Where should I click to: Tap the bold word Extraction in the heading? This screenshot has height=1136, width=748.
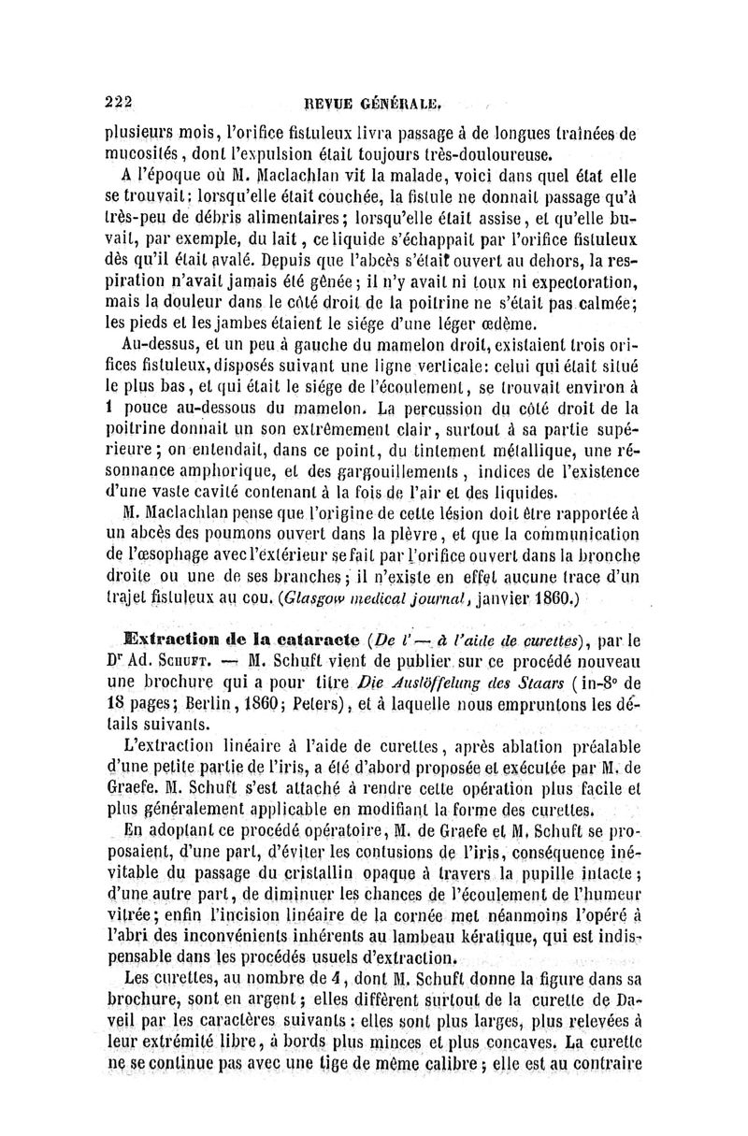pyautogui.click(x=163, y=642)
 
